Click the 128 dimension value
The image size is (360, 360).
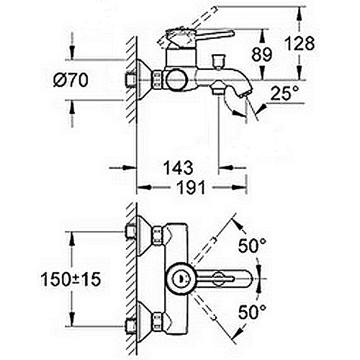[300, 44]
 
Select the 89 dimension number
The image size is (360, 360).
[262, 54]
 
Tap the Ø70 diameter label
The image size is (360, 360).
[71, 81]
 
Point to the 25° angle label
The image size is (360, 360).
[284, 93]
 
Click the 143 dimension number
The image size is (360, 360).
[179, 168]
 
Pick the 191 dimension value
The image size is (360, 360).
[191, 187]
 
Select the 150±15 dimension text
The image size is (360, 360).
[71, 279]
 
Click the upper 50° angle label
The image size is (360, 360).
[252, 246]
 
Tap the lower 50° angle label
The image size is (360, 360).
[252, 312]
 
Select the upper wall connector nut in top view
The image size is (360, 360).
[157, 235]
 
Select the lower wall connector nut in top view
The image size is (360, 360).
[157, 321]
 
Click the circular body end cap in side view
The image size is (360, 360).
[177, 80]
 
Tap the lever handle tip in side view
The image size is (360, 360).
[231, 33]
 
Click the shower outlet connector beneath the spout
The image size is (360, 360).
[218, 88]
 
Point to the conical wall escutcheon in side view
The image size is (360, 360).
[144, 80]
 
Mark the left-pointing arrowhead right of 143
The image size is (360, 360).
[226, 168]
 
